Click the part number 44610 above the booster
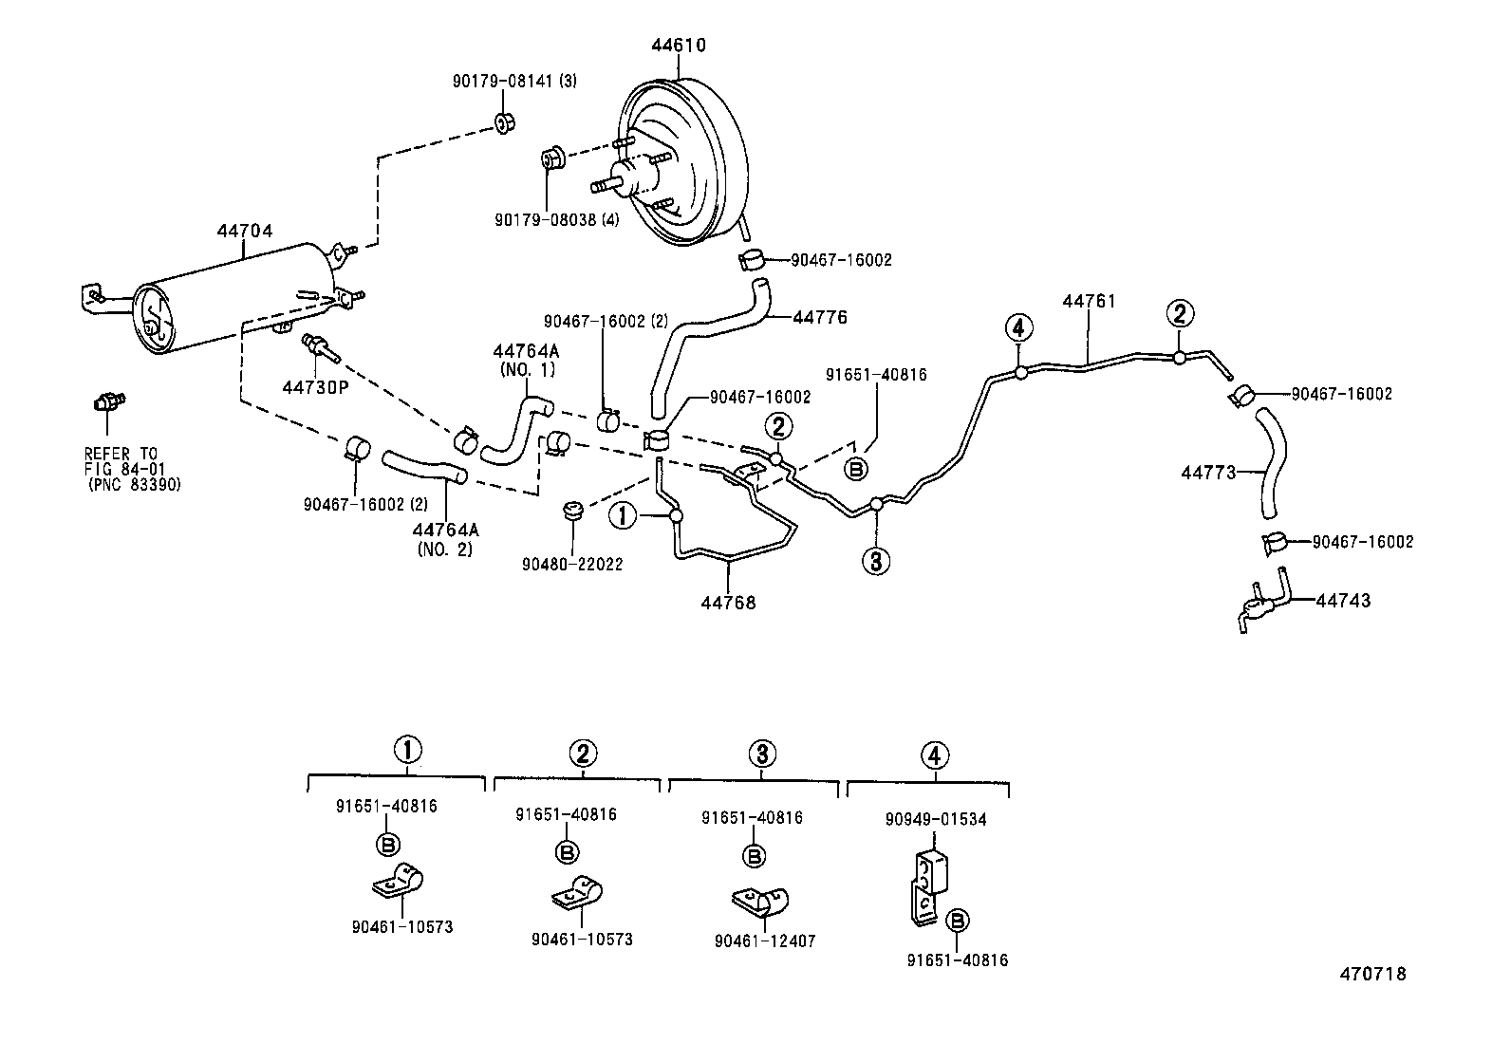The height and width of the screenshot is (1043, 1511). coord(679,45)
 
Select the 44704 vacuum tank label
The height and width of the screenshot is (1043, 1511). coord(244,230)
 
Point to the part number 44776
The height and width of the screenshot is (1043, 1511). coord(820,317)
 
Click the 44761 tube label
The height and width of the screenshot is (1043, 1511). coord(1089,301)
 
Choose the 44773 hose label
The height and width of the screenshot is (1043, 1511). coord(1208,472)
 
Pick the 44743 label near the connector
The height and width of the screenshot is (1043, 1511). coord(1343,601)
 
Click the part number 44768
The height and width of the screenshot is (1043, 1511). coord(729,602)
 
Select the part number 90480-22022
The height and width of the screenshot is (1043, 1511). coord(572,564)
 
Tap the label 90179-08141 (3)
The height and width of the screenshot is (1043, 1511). coord(513,82)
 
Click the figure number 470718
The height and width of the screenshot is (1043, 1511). coord(1372,974)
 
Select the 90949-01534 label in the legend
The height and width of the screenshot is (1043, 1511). coord(936,819)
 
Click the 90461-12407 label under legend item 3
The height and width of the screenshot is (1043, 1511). coord(765,941)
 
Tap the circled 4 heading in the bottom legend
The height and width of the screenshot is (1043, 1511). coord(935,755)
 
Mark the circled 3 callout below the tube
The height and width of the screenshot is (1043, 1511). coord(875,562)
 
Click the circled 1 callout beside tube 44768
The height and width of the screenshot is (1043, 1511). coord(623,515)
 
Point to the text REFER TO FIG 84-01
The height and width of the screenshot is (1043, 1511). coord(121,461)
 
